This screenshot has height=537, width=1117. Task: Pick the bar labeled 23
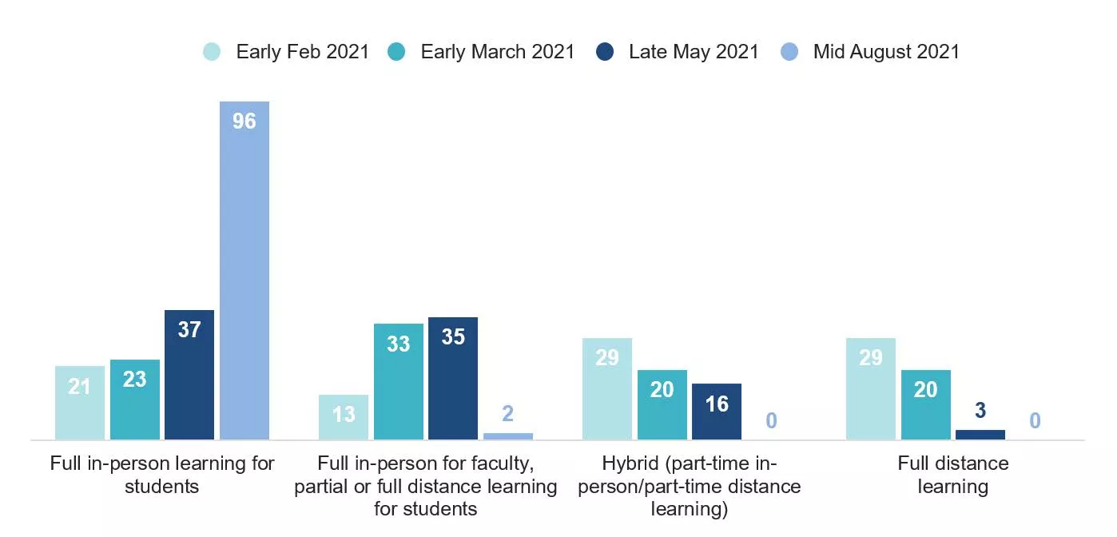[x=135, y=399]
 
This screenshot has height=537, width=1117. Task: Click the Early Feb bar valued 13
[x=344, y=416]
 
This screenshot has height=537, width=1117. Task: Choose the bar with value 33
[x=399, y=381]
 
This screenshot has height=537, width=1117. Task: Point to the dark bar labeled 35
[x=453, y=378]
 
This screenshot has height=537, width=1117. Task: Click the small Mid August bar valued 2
[x=508, y=436]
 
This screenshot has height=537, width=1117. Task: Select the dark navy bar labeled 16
[x=717, y=411]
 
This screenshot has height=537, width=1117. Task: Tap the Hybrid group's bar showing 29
[x=607, y=388]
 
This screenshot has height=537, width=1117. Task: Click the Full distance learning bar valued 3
[x=980, y=435]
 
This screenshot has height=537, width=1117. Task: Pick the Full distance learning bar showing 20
[x=926, y=404]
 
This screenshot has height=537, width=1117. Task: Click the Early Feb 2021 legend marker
[x=212, y=52]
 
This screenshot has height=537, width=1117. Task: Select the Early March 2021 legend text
[x=497, y=52]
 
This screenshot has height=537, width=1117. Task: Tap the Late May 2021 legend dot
[x=605, y=52]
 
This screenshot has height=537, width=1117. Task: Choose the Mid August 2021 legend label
[x=886, y=52]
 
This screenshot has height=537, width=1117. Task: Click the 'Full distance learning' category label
[x=952, y=475]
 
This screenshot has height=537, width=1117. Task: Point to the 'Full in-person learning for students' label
[x=162, y=475]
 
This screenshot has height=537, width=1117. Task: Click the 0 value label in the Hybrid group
[x=771, y=420]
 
